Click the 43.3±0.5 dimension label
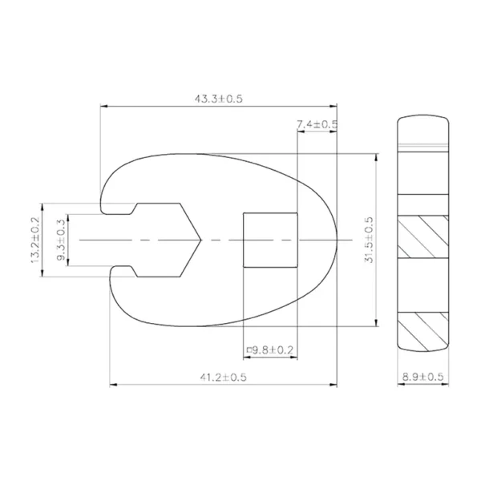[x=218, y=99]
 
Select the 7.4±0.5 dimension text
[x=317, y=124]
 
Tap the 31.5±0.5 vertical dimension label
[x=369, y=240]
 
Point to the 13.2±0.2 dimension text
[x=35, y=240]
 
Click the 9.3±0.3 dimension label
[x=61, y=240]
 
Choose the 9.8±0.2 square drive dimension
[x=270, y=350]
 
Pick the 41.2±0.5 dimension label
[x=224, y=377]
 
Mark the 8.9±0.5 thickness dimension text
[x=422, y=377]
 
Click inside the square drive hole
[x=270, y=240]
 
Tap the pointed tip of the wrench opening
[x=201, y=240]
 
